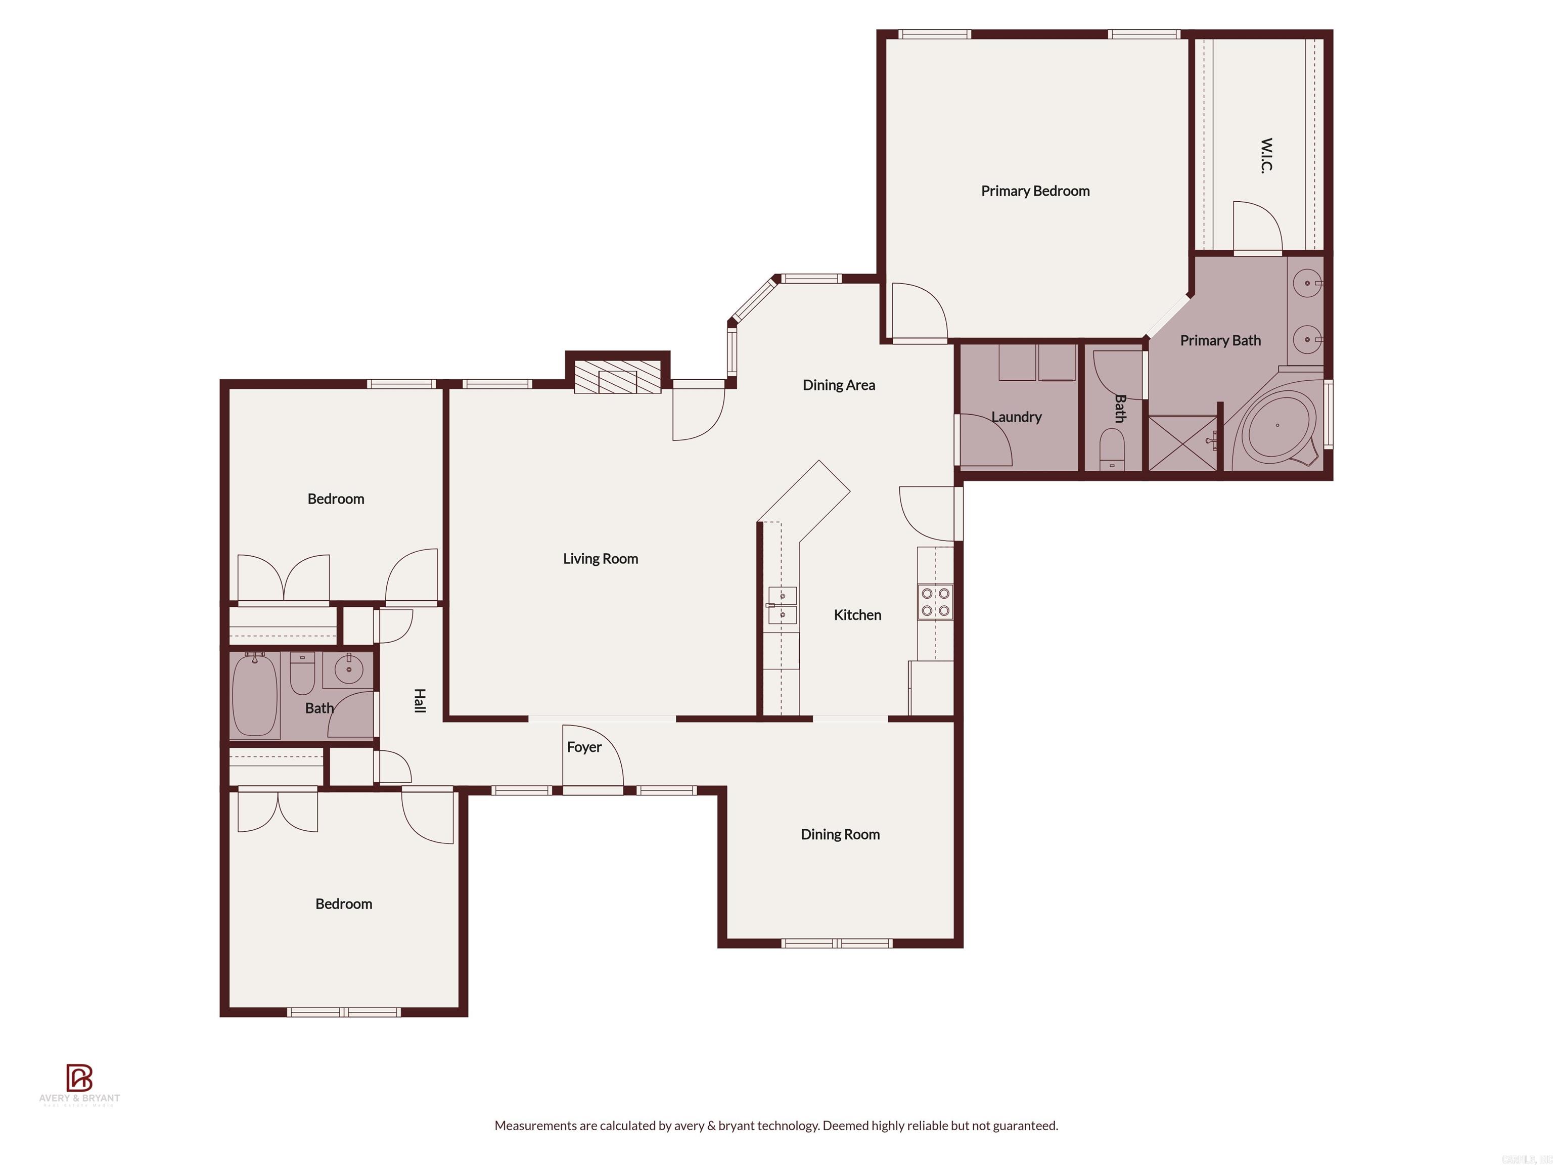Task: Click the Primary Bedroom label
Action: (x=1035, y=191)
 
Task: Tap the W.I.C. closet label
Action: (x=1266, y=155)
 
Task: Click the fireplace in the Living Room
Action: (x=617, y=378)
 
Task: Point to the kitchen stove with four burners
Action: (x=935, y=602)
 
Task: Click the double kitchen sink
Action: (x=782, y=605)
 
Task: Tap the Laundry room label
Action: (x=1016, y=417)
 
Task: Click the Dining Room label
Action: (x=840, y=834)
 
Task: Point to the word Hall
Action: (x=419, y=700)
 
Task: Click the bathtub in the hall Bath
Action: (x=254, y=694)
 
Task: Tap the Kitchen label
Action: (x=857, y=615)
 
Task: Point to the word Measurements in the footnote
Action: (x=535, y=1126)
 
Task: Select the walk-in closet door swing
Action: (x=1257, y=226)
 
